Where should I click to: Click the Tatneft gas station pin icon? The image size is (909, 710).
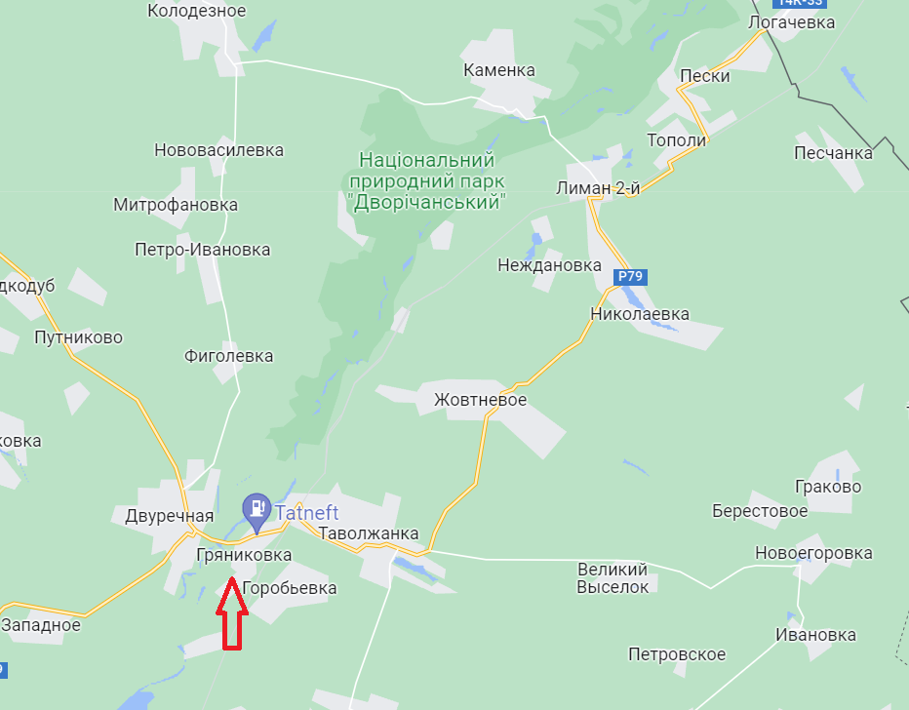coord(257,508)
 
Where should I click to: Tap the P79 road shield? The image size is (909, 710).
coord(630,276)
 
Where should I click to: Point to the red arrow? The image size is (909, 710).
coord(230,614)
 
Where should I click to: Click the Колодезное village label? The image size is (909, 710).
coord(197,11)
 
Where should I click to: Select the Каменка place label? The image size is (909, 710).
coord(499,70)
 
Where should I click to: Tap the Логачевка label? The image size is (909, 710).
coord(792,21)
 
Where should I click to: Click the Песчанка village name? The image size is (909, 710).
coord(833,153)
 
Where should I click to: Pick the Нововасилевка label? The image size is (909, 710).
coord(218,150)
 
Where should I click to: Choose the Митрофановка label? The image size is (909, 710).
coord(176,205)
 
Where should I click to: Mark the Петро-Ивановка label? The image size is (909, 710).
coord(203,250)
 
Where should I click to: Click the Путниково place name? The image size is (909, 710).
coord(78,337)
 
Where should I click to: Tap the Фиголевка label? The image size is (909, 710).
coord(228,356)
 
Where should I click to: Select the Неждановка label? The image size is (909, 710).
coord(549,265)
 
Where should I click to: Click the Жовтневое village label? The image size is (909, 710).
coord(480,400)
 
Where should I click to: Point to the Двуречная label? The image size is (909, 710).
coord(169,516)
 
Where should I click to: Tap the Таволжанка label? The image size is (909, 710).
coord(369,533)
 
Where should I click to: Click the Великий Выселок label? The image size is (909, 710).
coord(613,577)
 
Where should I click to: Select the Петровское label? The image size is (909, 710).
coord(677,654)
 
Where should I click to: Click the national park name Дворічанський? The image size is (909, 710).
coord(426,180)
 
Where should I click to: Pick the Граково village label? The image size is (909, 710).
coord(828,487)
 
